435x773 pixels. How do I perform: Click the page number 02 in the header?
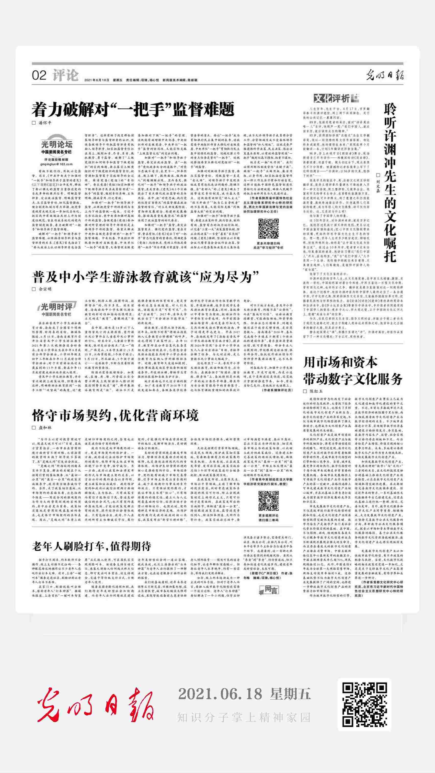point(39,75)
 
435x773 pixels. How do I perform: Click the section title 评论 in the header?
point(65,75)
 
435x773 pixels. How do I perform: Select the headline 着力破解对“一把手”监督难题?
point(133,109)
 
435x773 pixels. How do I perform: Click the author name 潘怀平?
point(45,123)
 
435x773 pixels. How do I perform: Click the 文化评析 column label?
point(336,98)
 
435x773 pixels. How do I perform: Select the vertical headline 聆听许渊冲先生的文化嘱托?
point(390,183)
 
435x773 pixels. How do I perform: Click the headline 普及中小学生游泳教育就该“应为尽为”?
point(146,276)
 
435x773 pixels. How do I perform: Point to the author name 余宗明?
point(45,289)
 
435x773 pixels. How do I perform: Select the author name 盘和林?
point(45,428)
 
